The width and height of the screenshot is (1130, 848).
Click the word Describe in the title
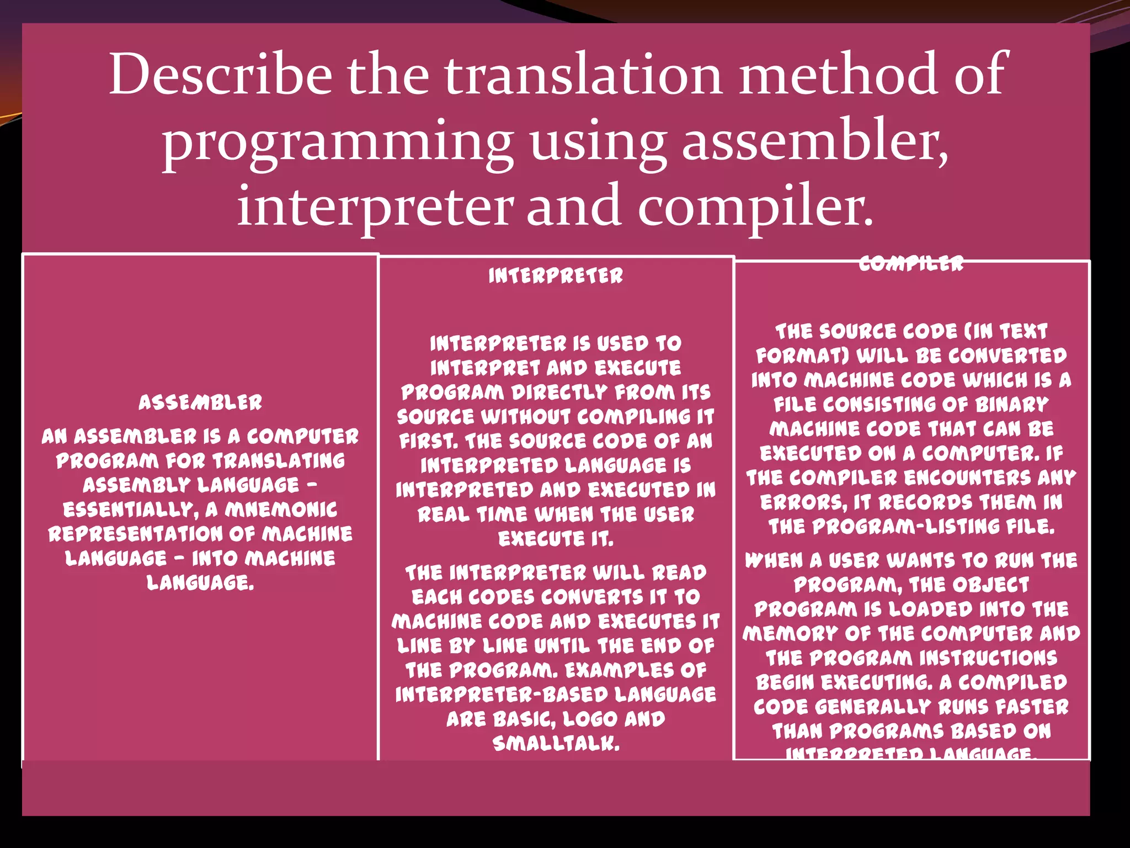(221, 74)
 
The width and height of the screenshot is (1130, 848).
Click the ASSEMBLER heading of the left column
(200, 402)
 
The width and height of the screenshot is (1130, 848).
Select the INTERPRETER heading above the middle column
(556, 275)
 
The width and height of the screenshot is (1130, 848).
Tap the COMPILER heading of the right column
(912, 264)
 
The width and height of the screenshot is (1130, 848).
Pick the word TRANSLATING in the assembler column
(279, 461)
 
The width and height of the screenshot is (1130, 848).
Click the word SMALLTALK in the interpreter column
(556, 744)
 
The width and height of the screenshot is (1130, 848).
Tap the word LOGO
(590, 719)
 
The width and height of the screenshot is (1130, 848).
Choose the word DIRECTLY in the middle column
(559, 393)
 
